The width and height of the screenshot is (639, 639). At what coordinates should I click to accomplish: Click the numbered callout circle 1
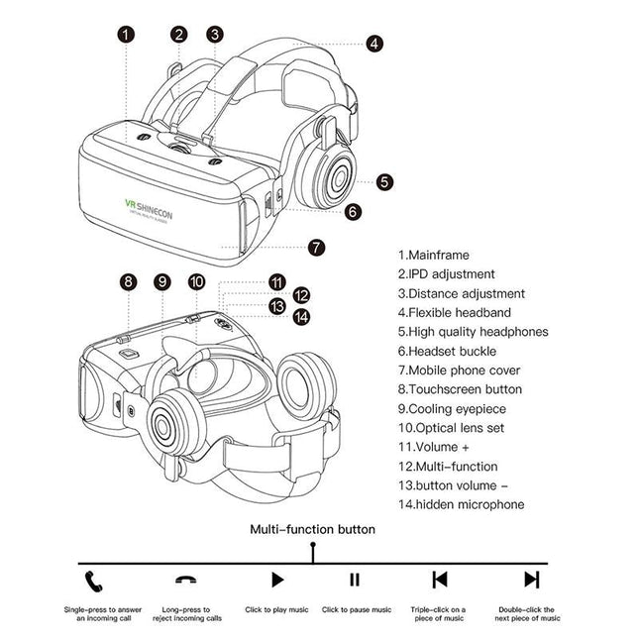[126, 34]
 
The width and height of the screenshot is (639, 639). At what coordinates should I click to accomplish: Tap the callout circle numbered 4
[373, 44]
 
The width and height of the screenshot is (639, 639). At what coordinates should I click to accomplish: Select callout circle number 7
[316, 248]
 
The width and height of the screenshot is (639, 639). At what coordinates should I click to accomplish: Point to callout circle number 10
[197, 281]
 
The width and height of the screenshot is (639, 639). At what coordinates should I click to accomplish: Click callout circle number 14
[301, 317]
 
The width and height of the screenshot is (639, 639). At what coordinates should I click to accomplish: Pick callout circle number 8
[128, 281]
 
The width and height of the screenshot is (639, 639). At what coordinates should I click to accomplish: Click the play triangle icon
[277, 580]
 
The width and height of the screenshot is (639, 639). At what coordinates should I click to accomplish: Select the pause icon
[354, 580]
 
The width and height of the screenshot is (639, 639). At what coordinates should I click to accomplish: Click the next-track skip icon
[532, 580]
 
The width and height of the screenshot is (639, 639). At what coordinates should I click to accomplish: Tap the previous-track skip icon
[439, 580]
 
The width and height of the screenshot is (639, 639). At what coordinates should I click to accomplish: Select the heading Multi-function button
[312, 529]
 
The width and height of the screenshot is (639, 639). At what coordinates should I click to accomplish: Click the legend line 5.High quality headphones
[473, 332]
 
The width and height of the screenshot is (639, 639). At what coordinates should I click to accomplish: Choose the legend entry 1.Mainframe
[434, 255]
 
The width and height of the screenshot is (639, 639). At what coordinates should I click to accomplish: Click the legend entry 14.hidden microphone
[461, 504]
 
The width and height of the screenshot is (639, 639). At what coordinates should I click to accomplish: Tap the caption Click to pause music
[357, 610]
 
